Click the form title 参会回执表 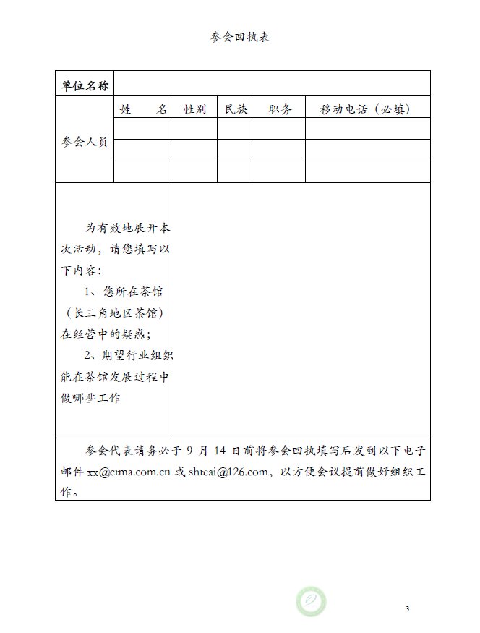pyautogui.click(x=240, y=37)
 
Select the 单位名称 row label pyautogui.click(x=85, y=86)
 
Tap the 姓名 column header pyautogui.click(x=144, y=109)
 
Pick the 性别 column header pyautogui.click(x=195, y=109)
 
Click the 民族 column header pyautogui.click(x=236, y=109)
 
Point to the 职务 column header pyautogui.click(x=280, y=109)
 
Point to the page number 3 pyautogui.click(x=407, y=608)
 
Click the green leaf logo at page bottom pyautogui.click(x=311, y=602)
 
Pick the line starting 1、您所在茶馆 pyautogui.click(x=124, y=292)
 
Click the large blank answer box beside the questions pyautogui.click(x=301, y=310)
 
